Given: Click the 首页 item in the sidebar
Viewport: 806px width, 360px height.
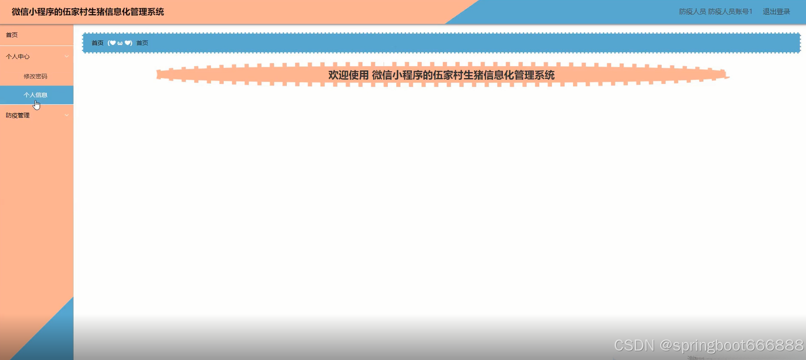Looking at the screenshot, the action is click(x=12, y=35).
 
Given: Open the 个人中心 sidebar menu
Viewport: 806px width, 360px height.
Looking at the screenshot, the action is click(x=18, y=56).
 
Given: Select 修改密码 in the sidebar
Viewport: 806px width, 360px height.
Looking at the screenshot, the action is click(x=35, y=76).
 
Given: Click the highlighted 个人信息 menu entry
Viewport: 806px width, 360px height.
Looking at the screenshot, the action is click(x=35, y=95).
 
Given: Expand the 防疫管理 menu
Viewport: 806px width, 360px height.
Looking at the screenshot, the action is click(x=18, y=115).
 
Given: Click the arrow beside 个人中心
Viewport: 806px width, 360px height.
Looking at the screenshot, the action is click(x=67, y=56).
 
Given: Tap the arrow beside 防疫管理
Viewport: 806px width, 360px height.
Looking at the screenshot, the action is click(x=67, y=115).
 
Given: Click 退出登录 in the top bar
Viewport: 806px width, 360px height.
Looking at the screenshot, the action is click(x=776, y=12).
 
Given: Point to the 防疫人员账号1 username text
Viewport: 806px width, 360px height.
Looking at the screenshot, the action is click(x=730, y=12).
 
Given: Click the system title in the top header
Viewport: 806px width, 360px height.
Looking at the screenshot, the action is click(x=88, y=12).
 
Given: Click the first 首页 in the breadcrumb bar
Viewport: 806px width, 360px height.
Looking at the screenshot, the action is click(x=98, y=43).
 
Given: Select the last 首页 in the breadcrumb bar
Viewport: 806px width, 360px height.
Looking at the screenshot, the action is click(x=142, y=43).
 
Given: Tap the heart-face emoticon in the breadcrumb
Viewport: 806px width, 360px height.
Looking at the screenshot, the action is click(x=120, y=43).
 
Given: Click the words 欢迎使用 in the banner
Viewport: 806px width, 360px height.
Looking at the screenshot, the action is click(x=348, y=75).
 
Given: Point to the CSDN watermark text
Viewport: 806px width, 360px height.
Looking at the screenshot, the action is click(x=634, y=345).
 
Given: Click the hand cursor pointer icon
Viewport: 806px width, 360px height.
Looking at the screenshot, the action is click(x=37, y=105).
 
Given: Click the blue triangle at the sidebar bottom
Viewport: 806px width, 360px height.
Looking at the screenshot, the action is click(x=53, y=337).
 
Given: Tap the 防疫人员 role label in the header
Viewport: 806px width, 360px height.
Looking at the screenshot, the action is click(x=692, y=12).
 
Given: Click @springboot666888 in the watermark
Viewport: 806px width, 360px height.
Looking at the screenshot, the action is click(x=732, y=345).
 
